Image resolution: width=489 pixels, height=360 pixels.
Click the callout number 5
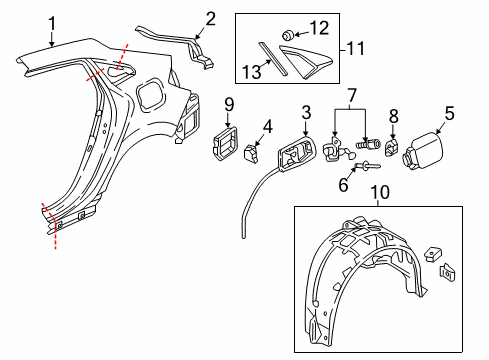coord(448,113)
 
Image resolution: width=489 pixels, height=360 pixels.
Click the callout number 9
coord(229,103)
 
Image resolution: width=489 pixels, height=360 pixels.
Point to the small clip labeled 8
coord(392,152)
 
